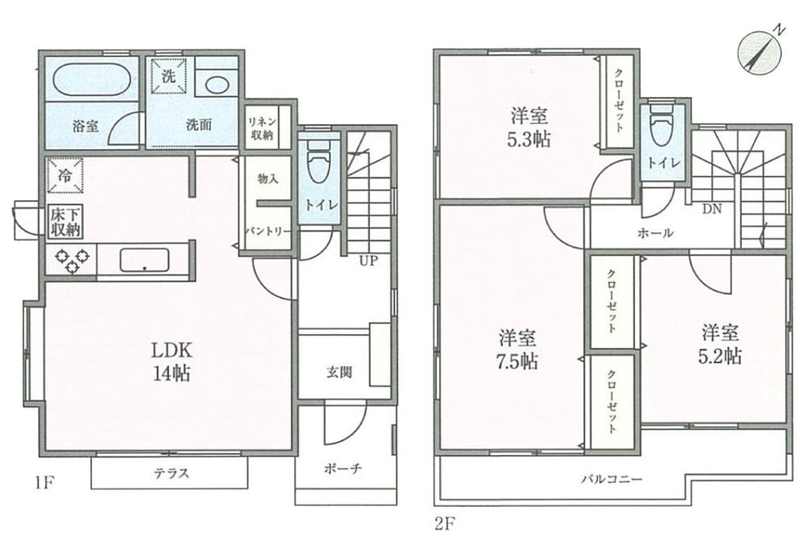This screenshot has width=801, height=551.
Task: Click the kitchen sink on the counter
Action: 144,260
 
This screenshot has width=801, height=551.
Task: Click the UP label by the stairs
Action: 368,260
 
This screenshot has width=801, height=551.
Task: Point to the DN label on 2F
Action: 712,209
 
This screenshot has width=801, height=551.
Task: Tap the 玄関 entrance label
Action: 337,372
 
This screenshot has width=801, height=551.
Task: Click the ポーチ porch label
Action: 345,469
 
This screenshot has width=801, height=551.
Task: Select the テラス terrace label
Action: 171,473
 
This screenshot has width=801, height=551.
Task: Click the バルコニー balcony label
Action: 612,480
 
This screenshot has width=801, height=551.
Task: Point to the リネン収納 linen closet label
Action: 261,127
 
